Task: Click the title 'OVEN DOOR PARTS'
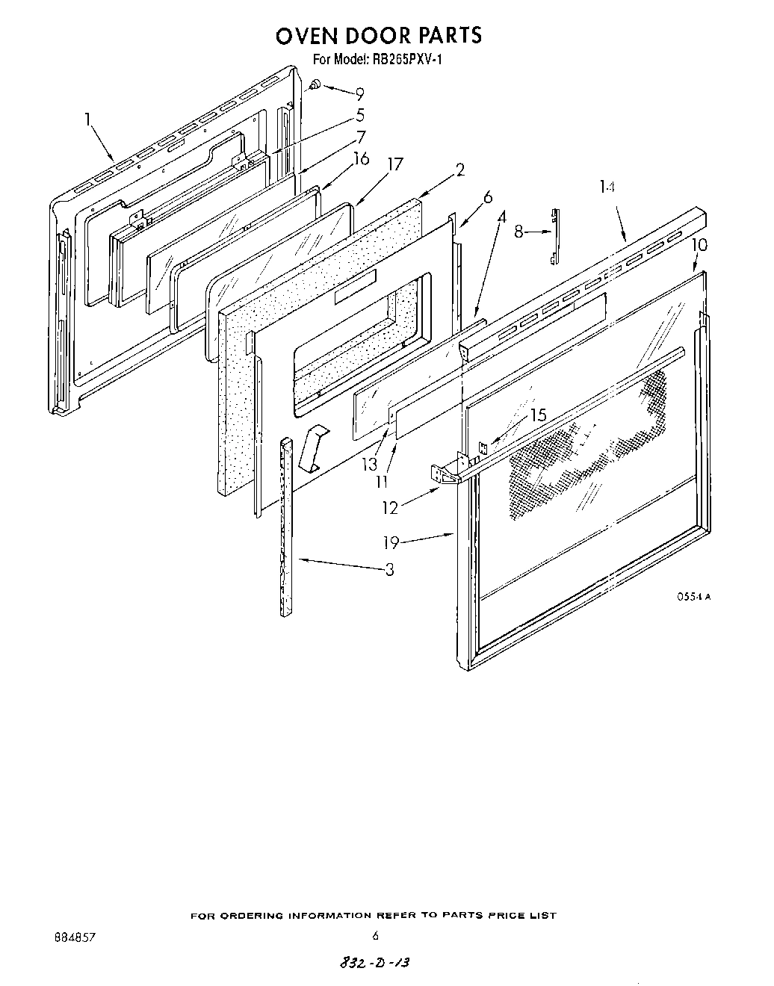[x=379, y=35]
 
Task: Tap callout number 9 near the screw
[x=360, y=94]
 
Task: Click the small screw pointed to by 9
[x=315, y=85]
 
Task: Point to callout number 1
[x=88, y=118]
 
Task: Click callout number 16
[x=362, y=158]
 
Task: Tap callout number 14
[x=607, y=188]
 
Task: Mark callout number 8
[x=518, y=232]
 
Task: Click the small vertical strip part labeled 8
[x=554, y=235]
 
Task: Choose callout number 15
[x=538, y=415]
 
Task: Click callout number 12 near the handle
[x=390, y=507]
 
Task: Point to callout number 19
[x=391, y=542]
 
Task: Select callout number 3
[x=389, y=570]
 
